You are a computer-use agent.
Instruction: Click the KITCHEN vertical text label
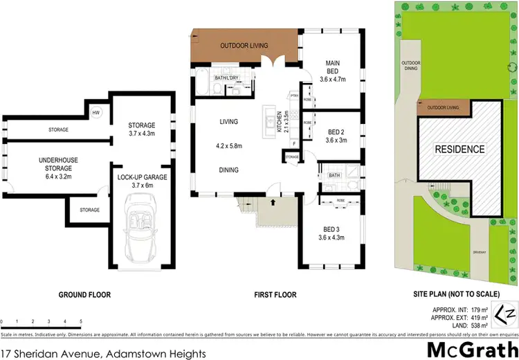[280, 122]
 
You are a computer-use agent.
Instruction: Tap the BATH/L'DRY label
[226, 78]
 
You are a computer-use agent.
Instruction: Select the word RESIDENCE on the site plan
[459, 149]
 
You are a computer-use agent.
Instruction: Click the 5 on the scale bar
[81, 322]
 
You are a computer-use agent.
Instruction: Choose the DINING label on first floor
[229, 170]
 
